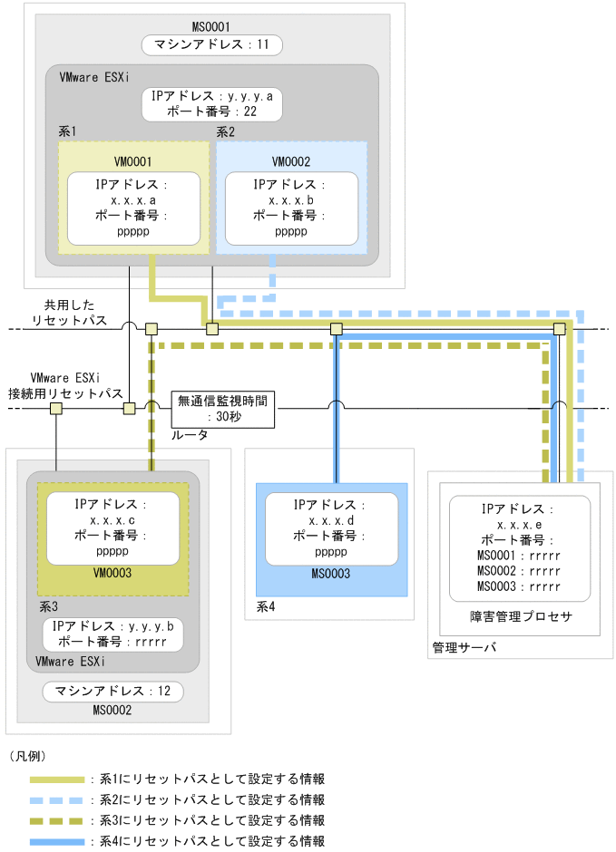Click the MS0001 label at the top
click(212, 25)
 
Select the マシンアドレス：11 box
click(212, 44)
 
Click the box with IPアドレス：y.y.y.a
click(212, 104)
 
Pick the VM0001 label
click(132, 160)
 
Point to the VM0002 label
click(290, 160)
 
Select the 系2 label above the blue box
click(226, 131)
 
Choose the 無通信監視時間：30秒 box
click(224, 409)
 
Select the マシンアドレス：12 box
click(112, 692)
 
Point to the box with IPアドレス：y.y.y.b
click(112, 634)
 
